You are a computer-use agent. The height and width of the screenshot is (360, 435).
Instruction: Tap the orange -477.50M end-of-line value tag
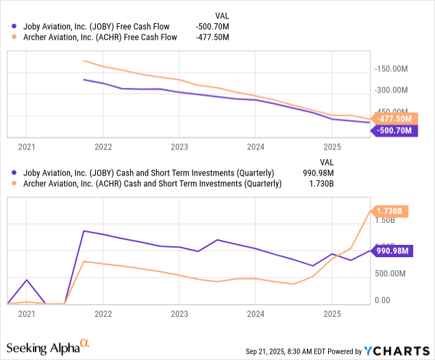[394, 118]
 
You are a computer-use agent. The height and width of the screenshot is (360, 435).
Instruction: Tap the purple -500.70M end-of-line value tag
[394, 130]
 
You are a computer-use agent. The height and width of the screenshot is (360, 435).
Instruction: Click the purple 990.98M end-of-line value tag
[393, 251]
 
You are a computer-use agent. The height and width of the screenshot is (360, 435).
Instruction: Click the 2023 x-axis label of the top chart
[179, 147]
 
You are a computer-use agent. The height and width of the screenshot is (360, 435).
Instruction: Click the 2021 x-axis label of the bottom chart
[27, 313]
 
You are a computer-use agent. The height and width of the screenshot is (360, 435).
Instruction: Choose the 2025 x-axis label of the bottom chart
[332, 313]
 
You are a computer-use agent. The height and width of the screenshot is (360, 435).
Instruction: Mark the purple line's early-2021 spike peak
[26, 280]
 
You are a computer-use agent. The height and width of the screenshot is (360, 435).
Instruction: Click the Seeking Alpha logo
[49, 348]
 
